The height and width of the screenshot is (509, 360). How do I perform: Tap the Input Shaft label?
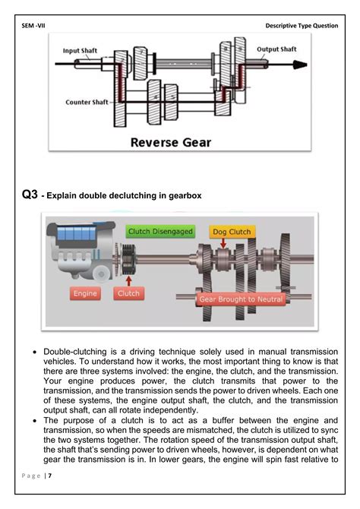[x=83, y=51]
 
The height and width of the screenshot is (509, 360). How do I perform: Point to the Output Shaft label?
[x=276, y=49]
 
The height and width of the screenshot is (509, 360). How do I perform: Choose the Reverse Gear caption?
[x=171, y=142]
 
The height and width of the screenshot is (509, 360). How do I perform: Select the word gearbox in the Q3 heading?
[x=183, y=196]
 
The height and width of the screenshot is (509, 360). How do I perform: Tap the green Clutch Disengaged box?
[x=160, y=231]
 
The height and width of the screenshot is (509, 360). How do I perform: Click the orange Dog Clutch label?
[x=231, y=231]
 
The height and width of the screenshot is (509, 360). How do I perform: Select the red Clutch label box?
[x=129, y=292]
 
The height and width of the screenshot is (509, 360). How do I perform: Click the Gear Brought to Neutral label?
[x=241, y=299]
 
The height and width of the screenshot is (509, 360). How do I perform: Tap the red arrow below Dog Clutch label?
[x=224, y=243]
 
